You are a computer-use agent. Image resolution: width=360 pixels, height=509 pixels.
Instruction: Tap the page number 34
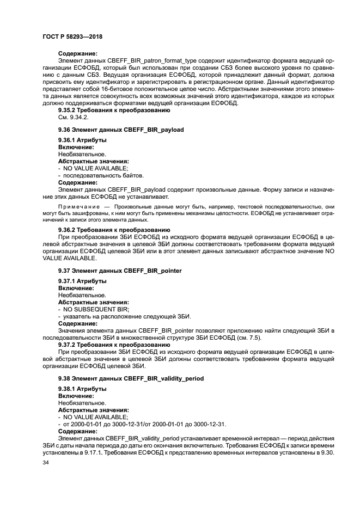[46, 463]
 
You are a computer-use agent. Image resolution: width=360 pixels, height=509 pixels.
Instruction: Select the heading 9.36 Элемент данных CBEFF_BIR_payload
[121, 130]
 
